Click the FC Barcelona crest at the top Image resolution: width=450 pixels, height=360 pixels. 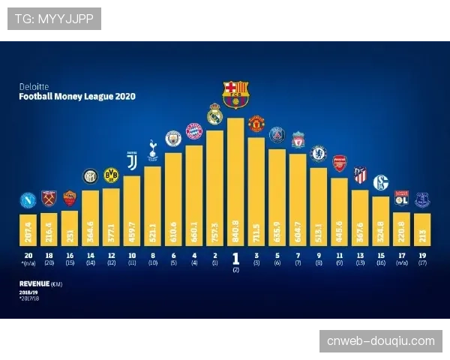(235, 94)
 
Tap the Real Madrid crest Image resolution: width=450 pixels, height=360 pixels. (215, 113)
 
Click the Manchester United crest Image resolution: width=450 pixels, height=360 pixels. (256, 123)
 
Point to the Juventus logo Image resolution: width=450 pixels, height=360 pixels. (132, 161)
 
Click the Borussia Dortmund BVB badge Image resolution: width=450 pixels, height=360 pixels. (111, 176)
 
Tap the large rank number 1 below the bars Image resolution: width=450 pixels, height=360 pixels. (235, 258)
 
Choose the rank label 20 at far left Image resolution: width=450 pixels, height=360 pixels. (28, 256)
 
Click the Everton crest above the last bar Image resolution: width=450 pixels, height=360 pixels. (422, 200)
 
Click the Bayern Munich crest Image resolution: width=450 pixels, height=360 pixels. (194, 131)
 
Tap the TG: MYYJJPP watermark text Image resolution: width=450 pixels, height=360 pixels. (53, 19)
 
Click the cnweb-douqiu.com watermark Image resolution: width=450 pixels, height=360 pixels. (380, 341)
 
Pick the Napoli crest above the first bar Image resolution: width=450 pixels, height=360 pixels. (28, 200)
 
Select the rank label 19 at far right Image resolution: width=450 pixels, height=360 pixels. (422, 256)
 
